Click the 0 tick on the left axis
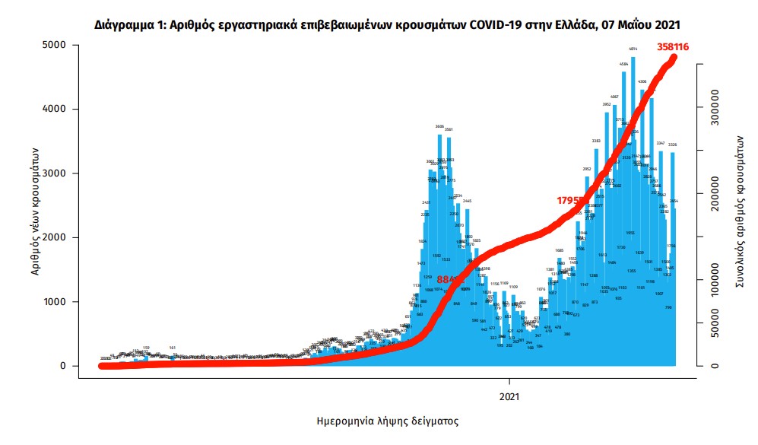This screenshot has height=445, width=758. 64,366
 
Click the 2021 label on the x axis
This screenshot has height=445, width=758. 509,396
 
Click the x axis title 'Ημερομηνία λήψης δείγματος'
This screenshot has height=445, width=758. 387,421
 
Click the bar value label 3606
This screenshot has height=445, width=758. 439,126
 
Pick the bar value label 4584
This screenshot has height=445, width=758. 623,64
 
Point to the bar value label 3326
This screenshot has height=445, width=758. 672,145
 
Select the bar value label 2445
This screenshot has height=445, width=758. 467,201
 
